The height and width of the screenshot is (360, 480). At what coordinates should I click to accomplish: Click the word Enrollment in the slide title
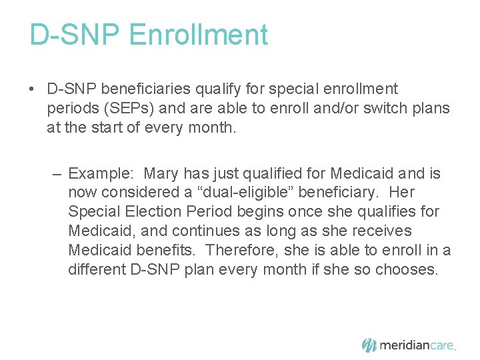click(199, 35)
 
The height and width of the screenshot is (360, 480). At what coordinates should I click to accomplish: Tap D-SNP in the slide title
click(76, 35)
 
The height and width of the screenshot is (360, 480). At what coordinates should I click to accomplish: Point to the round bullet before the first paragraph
click(33, 89)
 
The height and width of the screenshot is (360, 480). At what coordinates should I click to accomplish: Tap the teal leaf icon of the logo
click(369, 345)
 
